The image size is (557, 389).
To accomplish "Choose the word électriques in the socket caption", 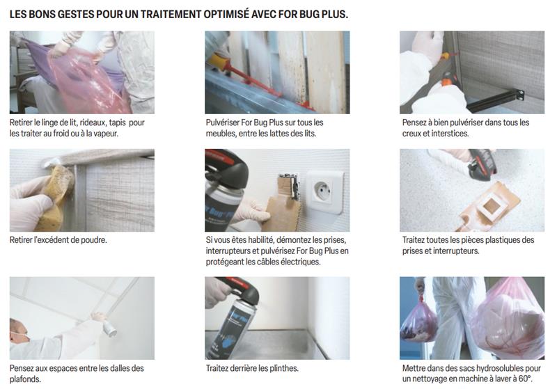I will click(297, 262).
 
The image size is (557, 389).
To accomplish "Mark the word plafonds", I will click(26, 379).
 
